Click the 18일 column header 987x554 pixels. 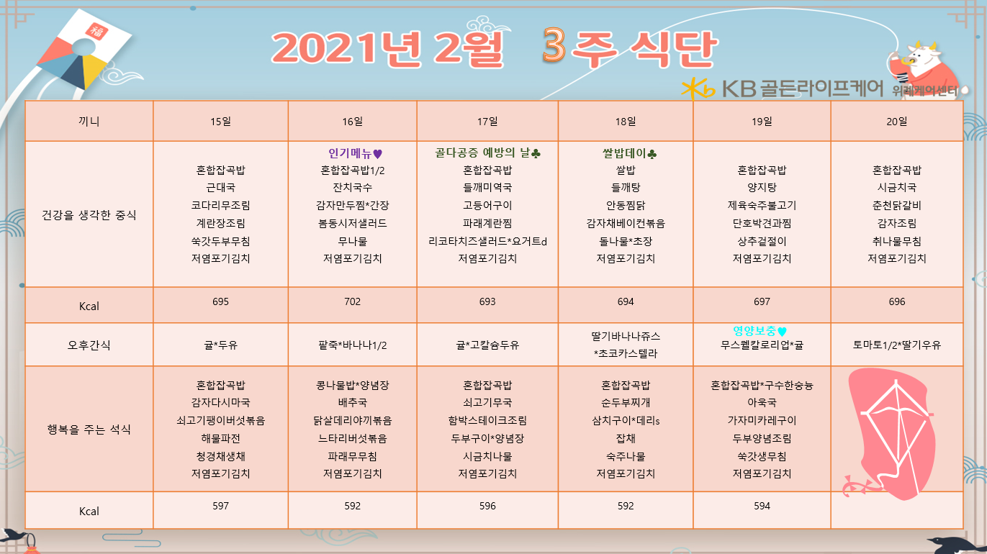[626, 122]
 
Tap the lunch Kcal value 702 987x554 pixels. [352, 301]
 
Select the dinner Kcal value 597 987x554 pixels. [220, 506]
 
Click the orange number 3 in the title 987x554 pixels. [554, 44]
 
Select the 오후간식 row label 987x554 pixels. [89, 345]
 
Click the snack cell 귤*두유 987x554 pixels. [220, 345]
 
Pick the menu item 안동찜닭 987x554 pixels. [626, 205]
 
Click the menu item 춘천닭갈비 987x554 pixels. [897, 205]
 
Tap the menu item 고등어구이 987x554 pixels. [487, 205]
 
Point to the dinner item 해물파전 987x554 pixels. [220, 438]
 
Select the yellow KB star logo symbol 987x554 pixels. [697, 88]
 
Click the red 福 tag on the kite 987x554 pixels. [96, 31]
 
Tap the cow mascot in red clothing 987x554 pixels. [921, 66]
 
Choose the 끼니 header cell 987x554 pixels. [89, 122]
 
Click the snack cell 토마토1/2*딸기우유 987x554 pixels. [897, 345]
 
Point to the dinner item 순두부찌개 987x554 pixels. [626, 402]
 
